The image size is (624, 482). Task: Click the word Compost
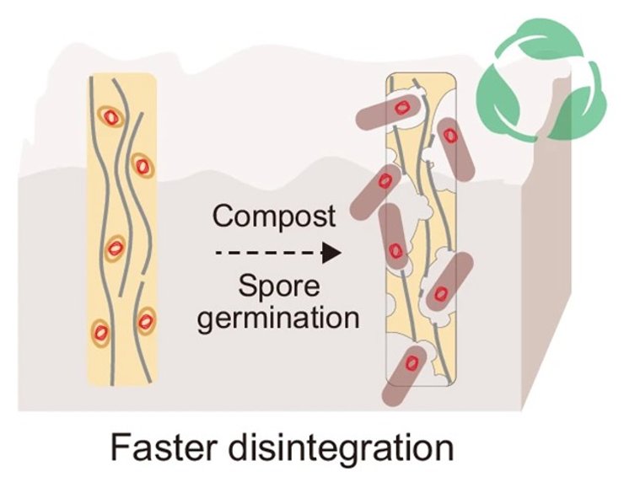click(274, 216)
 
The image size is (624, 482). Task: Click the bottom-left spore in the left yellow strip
click(100, 330)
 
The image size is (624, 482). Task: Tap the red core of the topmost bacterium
click(404, 108)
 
